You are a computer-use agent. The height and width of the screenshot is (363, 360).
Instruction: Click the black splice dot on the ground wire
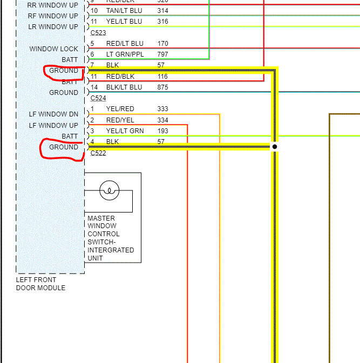tap(275, 147)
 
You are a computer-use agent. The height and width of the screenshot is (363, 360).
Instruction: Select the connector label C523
tap(98, 32)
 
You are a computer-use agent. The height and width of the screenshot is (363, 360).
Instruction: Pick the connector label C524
tap(98, 98)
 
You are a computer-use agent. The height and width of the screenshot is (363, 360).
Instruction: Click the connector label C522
tap(98, 153)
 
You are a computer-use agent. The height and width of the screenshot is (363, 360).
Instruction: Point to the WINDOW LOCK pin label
tap(53, 49)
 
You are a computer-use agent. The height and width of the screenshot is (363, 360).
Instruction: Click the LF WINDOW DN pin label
tap(53, 114)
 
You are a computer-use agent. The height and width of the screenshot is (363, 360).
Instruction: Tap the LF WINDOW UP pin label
tap(53, 126)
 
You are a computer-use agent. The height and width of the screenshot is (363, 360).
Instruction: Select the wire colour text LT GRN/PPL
tap(125, 54)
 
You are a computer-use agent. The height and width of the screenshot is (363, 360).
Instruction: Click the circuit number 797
tap(163, 54)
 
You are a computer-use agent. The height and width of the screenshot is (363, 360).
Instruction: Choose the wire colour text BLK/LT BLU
tap(124, 87)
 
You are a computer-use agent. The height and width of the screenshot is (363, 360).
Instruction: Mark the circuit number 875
tap(163, 87)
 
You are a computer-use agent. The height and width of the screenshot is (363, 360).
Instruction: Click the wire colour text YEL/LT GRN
tap(125, 131)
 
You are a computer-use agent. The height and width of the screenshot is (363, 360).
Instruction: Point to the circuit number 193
tap(163, 131)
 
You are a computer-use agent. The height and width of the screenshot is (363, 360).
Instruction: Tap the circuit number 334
tap(163, 120)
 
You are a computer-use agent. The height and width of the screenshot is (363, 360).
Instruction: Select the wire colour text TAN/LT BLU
tap(124, 11)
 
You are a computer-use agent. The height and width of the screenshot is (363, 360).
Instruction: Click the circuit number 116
tap(163, 77)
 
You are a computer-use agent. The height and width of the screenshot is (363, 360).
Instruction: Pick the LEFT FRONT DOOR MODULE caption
tap(40, 284)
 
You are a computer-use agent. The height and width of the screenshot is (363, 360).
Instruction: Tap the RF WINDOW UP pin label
tap(53, 16)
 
